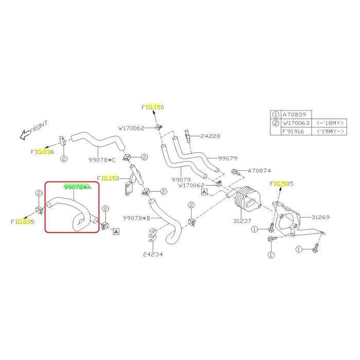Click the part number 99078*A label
click(77, 187)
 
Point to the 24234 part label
click(153, 254)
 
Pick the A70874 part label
click(259, 170)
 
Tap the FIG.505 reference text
click(281, 184)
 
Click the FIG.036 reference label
click(42, 152)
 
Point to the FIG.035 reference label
click(22, 222)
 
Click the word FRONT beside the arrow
click(39, 127)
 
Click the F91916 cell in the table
click(295, 132)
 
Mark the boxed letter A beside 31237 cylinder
click(204, 192)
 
